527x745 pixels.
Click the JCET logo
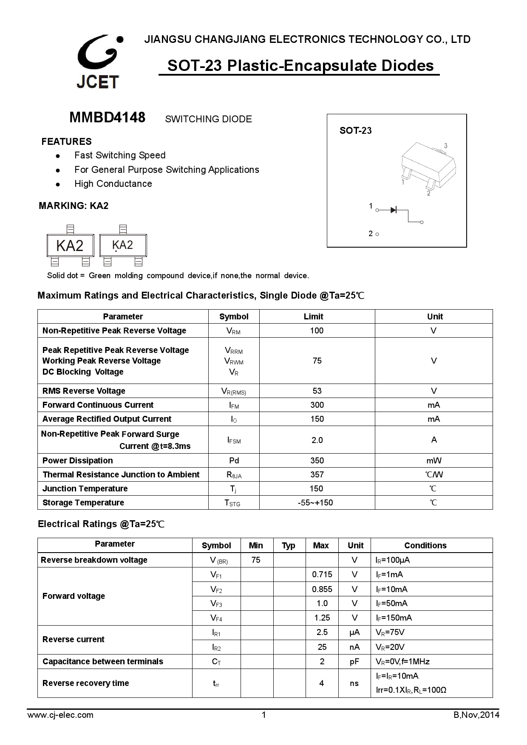pyautogui.click(x=99, y=62)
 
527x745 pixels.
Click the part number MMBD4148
pyautogui.click(x=107, y=118)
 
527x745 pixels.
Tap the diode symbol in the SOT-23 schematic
pyautogui.click(x=393, y=210)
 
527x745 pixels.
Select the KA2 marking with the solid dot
pyautogui.click(x=123, y=246)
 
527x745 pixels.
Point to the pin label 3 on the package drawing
pyautogui.click(x=445, y=146)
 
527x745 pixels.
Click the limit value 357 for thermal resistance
pyautogui.click(x=317, y=474)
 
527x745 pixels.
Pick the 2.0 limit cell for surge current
pyautogui.click(x=317, y=440)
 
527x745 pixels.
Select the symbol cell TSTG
pyautogui.click(x=232, y=503)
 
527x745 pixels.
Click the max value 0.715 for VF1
pyautogui.click(x=322, y=575)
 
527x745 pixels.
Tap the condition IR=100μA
pyautogui.click(x=392, y=560)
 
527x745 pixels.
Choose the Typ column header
pyautogui.click(x=288, y=546)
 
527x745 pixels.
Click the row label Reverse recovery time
pyautogui.click(x=85, y=683)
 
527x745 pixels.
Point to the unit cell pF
pyautogui.click(x=354, y=662)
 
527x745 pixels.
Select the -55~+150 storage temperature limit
pyautogui.click(x=315, y=503)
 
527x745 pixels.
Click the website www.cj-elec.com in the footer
pyautogui.click(x=60, y=715)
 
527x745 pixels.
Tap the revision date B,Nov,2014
pyautogui.click(x=476, y=715)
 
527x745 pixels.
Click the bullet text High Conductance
pyautogui.click(x=113, y=184)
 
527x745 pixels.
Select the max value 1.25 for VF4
pyautogui.click(x=322, y=618)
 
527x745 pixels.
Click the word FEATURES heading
pyautogui.click(x=66, y=141)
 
